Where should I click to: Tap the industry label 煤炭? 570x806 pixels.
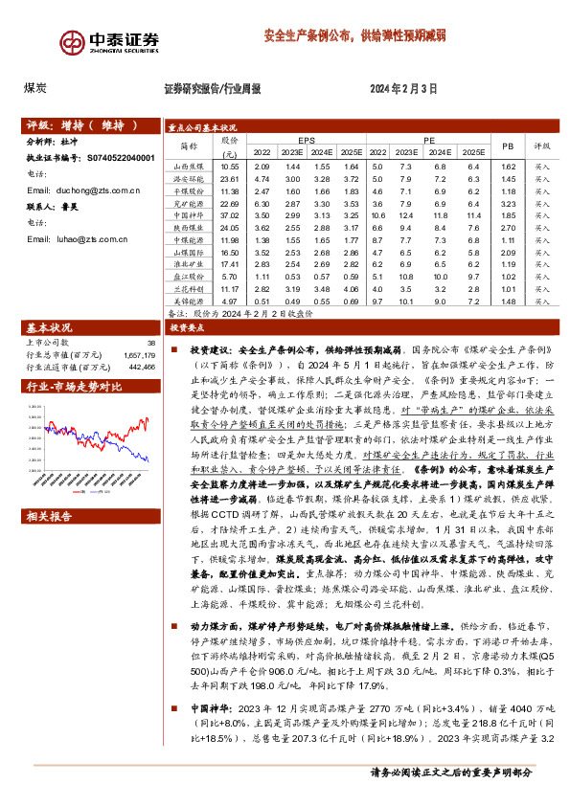tap(36, 87)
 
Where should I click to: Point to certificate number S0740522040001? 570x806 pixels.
tap(126, 158)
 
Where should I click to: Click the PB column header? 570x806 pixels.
tap(508, 145)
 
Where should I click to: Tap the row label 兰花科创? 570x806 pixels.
tap(187, 289)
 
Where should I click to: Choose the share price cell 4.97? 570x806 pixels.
tap(228, 302)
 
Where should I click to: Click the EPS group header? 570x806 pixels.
tap(305, 139)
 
